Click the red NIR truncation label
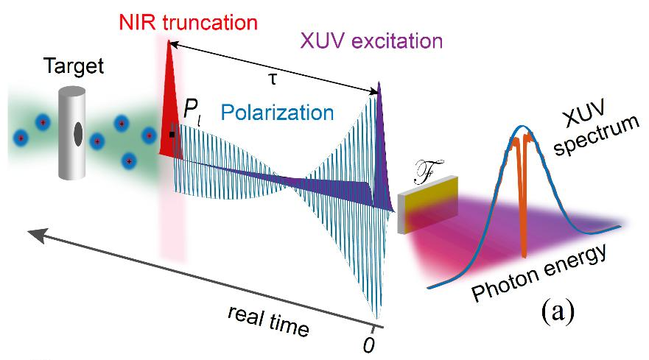pos(189,21)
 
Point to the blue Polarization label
pos(278,113)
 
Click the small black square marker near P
pos(172,135)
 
